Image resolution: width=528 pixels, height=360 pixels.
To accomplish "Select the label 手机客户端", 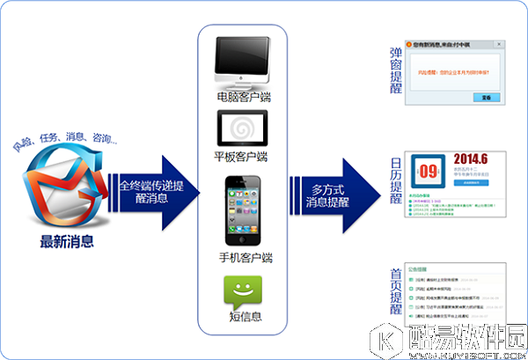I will click(244, 257).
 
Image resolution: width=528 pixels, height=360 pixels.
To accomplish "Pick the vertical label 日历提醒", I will click(395, 181).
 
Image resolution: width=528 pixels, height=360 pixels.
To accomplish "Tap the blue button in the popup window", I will click(480, 97).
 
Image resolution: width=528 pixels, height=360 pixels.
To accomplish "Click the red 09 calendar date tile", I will click(428, 171).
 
